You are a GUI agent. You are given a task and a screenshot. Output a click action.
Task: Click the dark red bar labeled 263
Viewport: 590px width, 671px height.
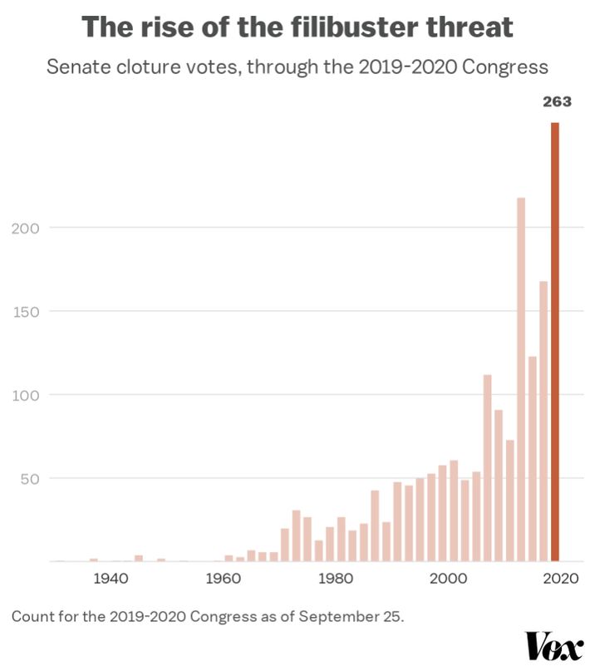(555, 341)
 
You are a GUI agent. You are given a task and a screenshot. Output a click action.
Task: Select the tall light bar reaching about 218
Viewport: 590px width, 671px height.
(521, 378)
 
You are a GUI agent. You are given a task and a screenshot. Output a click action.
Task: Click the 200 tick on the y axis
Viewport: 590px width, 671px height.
(26, 227)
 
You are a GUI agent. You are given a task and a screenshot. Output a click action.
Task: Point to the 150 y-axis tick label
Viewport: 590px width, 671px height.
(26, 311)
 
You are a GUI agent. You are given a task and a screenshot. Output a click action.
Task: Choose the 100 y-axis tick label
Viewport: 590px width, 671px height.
(26, 395)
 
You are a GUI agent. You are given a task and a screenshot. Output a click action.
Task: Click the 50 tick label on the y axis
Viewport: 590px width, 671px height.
(30, 478)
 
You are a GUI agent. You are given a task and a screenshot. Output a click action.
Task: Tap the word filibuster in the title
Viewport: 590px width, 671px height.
(338, 27)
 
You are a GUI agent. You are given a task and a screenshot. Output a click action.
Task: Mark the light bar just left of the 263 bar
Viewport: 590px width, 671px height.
(543, 421)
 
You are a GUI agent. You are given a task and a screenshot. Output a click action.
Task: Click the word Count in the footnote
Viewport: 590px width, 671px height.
(31, 616)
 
